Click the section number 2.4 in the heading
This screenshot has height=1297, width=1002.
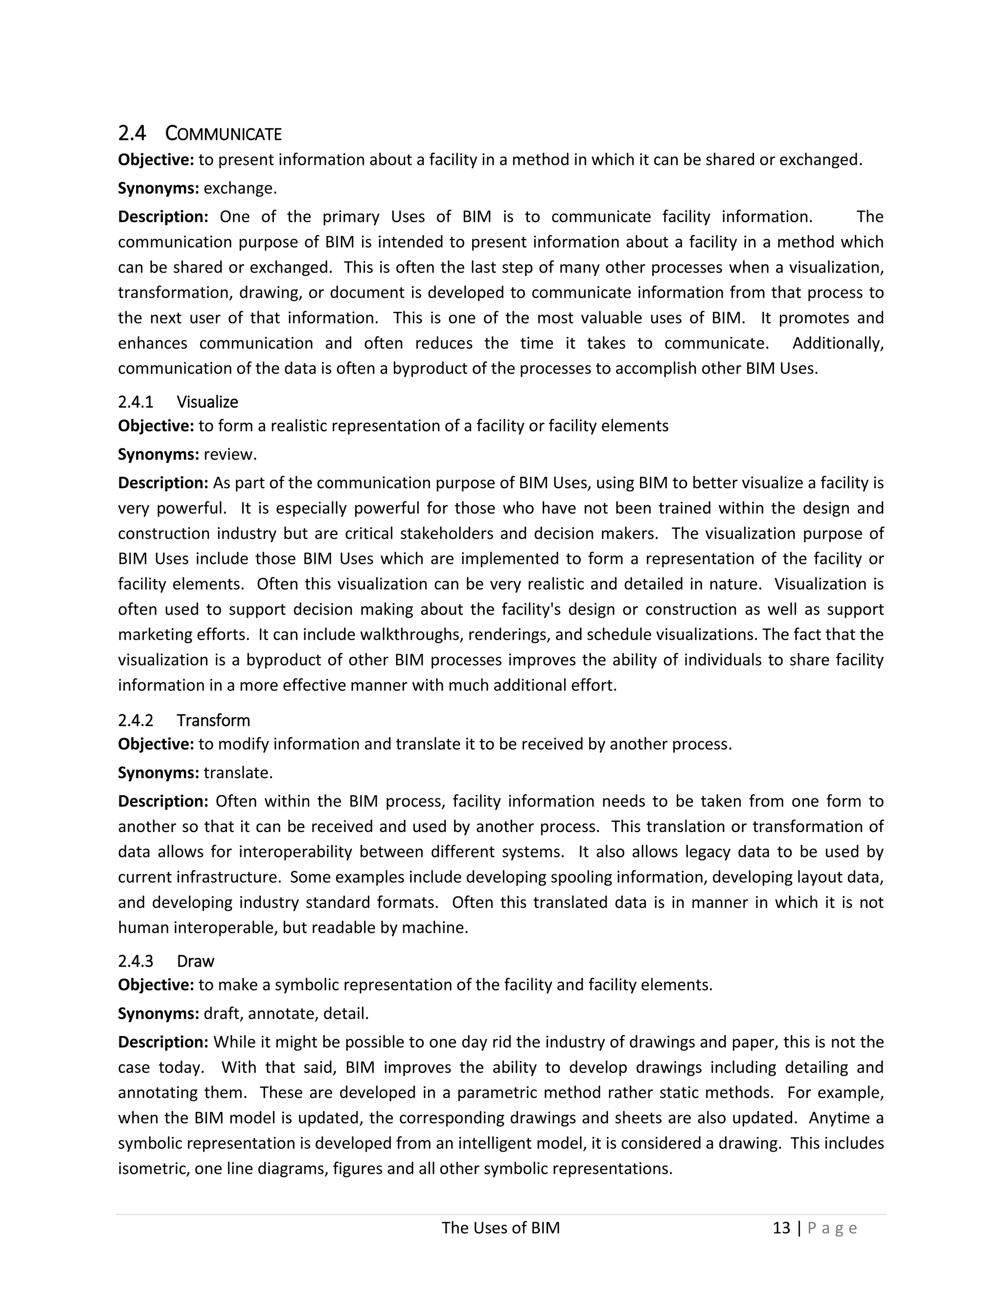[x=132, y=133]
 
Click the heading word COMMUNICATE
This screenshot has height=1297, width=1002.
[x=223, y=134]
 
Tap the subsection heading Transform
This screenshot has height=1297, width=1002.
[x=213, y=720]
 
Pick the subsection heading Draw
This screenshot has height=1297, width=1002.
[x=195, y=961]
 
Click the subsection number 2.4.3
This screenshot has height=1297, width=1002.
[x=136, y=961]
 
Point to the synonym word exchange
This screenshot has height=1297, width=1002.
[x=239, y=188]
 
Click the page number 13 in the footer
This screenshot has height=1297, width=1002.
[x=781, y=1228]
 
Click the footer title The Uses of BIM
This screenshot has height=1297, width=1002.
[x=501, y=1228]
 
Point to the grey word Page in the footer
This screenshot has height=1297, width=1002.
[x=832, y=1228]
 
